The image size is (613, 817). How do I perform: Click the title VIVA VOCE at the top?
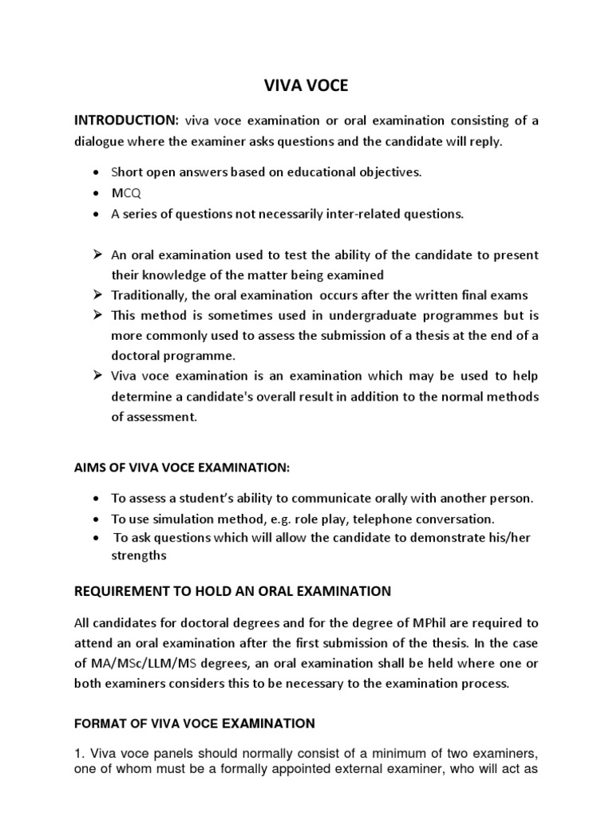click(x=307, y=85)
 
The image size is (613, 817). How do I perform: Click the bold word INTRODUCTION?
click(x=126, y=120)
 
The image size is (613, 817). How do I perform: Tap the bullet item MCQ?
click(x=125, y=194)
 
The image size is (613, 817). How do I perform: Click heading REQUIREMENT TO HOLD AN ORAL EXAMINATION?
click(x=232, y=591)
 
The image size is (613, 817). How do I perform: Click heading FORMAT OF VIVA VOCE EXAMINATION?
click(x=195, y=724)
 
